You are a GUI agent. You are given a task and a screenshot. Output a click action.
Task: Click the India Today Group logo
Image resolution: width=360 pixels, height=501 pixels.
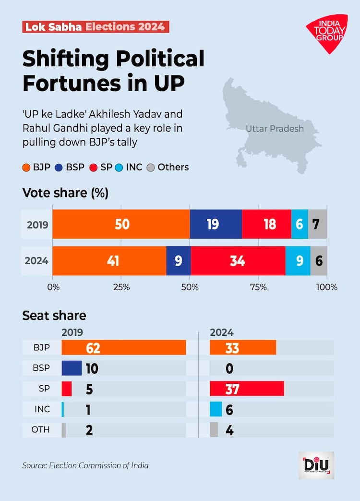327,33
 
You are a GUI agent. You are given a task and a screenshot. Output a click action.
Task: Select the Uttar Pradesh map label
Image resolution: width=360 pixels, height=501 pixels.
275,128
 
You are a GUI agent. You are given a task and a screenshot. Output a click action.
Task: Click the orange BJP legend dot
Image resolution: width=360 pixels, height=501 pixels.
27,168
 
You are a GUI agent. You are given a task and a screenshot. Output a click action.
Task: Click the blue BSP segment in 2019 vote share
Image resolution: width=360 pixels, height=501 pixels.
216,224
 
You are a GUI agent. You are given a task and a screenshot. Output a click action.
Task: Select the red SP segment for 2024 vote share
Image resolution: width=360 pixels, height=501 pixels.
238,261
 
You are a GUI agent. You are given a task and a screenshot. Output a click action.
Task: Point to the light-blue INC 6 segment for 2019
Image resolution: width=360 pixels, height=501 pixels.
300,224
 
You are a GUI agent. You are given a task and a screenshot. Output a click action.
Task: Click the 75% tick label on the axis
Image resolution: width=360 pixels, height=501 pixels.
258,287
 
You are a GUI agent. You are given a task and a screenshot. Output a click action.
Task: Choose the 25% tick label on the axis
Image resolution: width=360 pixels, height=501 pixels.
121,287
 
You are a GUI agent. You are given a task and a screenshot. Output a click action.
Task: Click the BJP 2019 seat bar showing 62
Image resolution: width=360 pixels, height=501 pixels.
124,347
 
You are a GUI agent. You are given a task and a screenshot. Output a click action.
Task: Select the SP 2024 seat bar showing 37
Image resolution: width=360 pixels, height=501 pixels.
247,389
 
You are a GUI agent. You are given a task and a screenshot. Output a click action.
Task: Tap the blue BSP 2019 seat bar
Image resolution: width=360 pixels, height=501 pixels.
72,368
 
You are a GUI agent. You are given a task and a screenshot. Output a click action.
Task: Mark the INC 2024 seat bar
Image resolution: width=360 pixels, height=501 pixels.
216,409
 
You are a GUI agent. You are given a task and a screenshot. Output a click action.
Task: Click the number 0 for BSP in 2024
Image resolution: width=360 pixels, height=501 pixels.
229,368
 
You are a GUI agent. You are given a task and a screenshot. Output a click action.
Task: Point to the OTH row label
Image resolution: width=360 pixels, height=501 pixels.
40,430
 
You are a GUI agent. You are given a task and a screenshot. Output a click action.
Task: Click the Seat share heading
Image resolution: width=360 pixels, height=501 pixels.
54,316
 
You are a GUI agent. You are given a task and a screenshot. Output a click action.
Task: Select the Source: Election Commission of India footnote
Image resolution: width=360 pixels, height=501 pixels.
85,465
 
